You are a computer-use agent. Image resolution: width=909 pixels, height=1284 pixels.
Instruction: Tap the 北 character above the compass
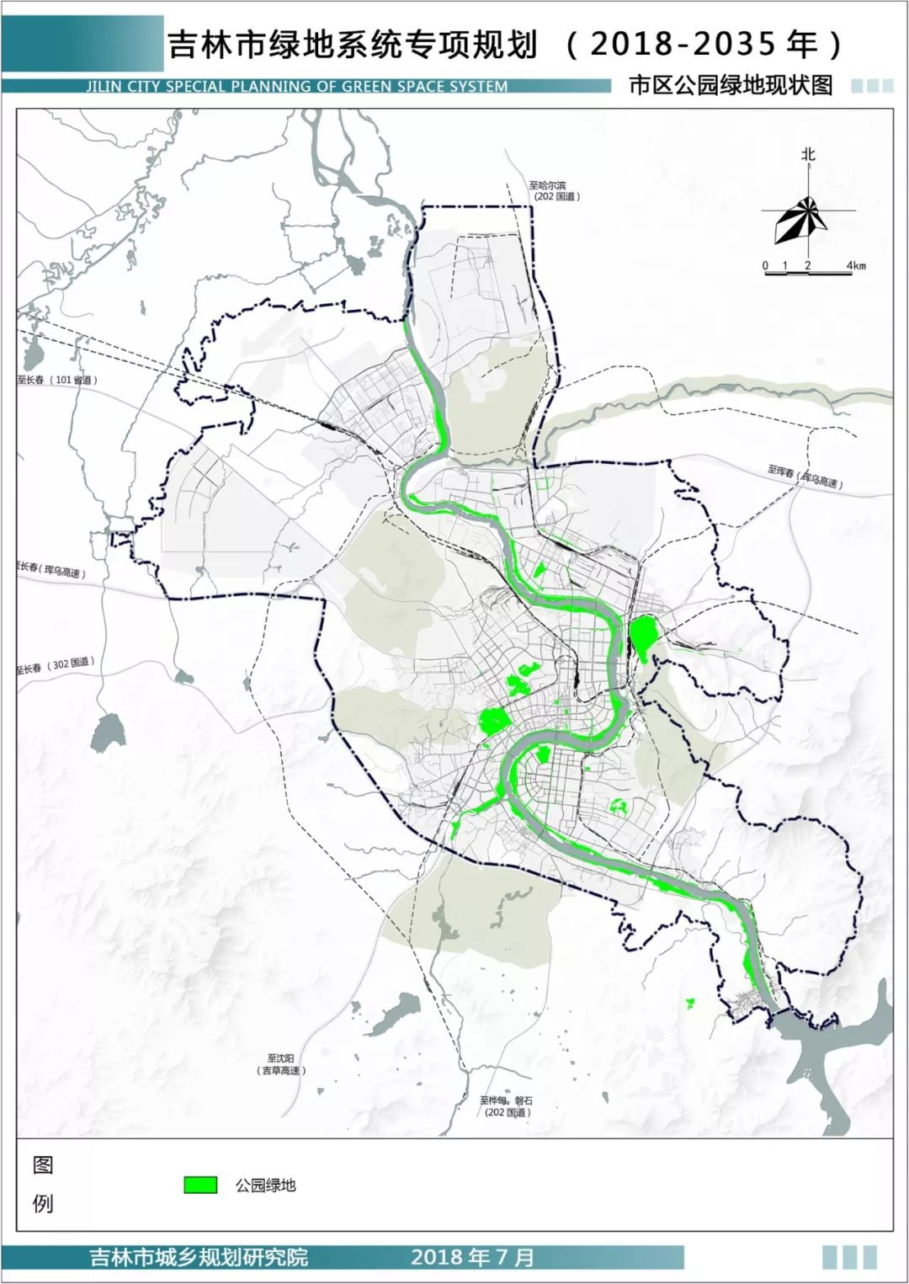[x=808, y=155]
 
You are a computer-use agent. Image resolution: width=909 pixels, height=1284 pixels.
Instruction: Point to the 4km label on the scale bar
[x=856, y=266]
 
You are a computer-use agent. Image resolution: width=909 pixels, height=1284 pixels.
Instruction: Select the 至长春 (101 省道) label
[x=57, y=380]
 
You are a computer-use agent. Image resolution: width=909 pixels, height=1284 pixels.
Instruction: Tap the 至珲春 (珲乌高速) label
[x=804, y=477]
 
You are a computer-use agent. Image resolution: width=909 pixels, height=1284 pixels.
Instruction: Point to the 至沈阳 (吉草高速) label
[x=281, y=1063]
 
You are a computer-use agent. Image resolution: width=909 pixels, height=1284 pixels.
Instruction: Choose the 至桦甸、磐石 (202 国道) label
[x=507, y=1106]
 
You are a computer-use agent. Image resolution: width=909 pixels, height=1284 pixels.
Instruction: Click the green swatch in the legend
[x=201, y=1185]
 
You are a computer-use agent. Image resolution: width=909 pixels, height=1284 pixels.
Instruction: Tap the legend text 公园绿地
[x=266, y=1185]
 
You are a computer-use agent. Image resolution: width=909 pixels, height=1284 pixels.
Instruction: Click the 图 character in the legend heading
[x=43, y=1164]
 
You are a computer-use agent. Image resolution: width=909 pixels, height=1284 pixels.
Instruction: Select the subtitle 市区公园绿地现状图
[x=730, y=85]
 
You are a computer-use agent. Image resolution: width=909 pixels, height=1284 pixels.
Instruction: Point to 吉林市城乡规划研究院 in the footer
[x=199, y=1258]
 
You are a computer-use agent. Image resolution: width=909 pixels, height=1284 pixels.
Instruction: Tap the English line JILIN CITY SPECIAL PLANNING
[x=296, y=86]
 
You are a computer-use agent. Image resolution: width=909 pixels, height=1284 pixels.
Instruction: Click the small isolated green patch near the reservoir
[x=690, y=1003]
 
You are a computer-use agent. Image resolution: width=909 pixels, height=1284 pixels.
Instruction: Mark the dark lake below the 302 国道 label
[x=109, y=733]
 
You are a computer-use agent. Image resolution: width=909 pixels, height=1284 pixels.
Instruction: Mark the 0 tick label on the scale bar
[x=766, y=266]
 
